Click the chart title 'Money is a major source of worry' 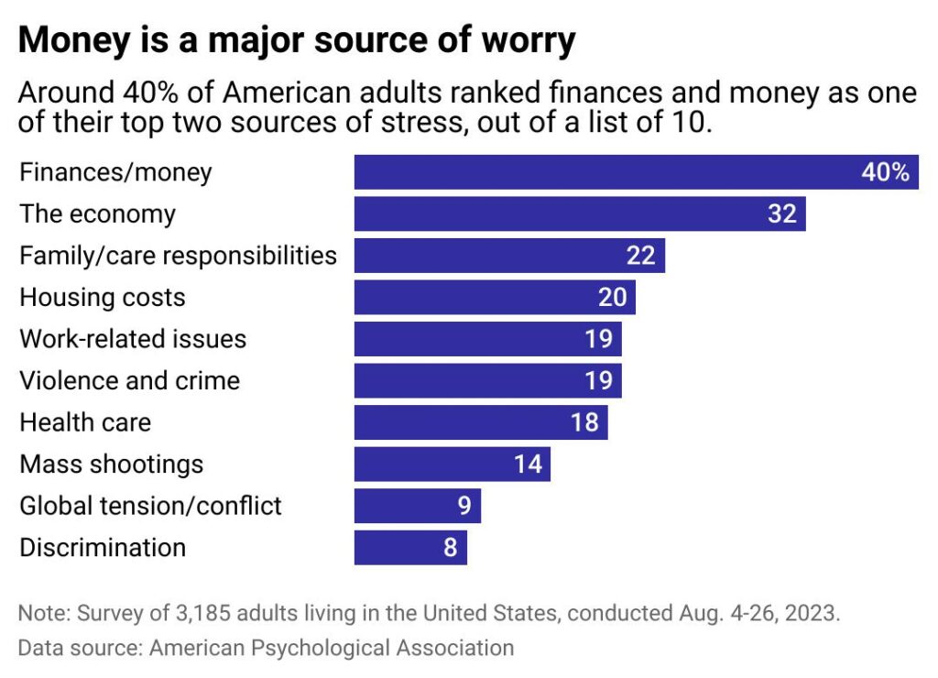pos(297,41)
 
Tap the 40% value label pos(885,172)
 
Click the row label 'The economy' pos(97,214)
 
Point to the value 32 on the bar pos(781,214)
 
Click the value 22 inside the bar pos(640,256)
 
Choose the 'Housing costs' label pos(103,298)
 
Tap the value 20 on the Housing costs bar pos(612,298)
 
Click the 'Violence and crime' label pos(129,381)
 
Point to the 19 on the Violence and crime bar pos(598,381)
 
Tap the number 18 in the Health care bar pos(584,422)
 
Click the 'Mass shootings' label pos(111,465)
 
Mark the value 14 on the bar pos(528,465)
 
